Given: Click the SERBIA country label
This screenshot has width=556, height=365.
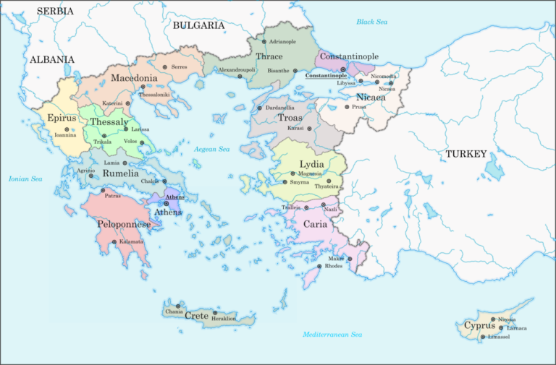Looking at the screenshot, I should point(55,11).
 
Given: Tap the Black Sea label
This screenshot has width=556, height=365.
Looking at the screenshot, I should point(371,22).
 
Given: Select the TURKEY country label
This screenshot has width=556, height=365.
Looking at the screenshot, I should point(466,154).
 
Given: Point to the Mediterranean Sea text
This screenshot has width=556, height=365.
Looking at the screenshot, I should point(332,335).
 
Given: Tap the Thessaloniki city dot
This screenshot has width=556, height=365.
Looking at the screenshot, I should point(142,87).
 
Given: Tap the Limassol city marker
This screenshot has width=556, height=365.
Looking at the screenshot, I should point(483,337).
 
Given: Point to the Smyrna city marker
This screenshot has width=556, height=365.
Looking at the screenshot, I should point(285,182).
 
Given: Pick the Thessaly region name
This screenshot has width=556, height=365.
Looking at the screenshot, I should point(105,122).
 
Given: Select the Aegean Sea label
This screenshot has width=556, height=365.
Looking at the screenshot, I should point(211,149).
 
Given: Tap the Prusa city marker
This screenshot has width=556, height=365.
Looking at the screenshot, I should point(347,107).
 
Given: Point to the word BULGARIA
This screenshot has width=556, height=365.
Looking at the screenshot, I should point(199,25).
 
